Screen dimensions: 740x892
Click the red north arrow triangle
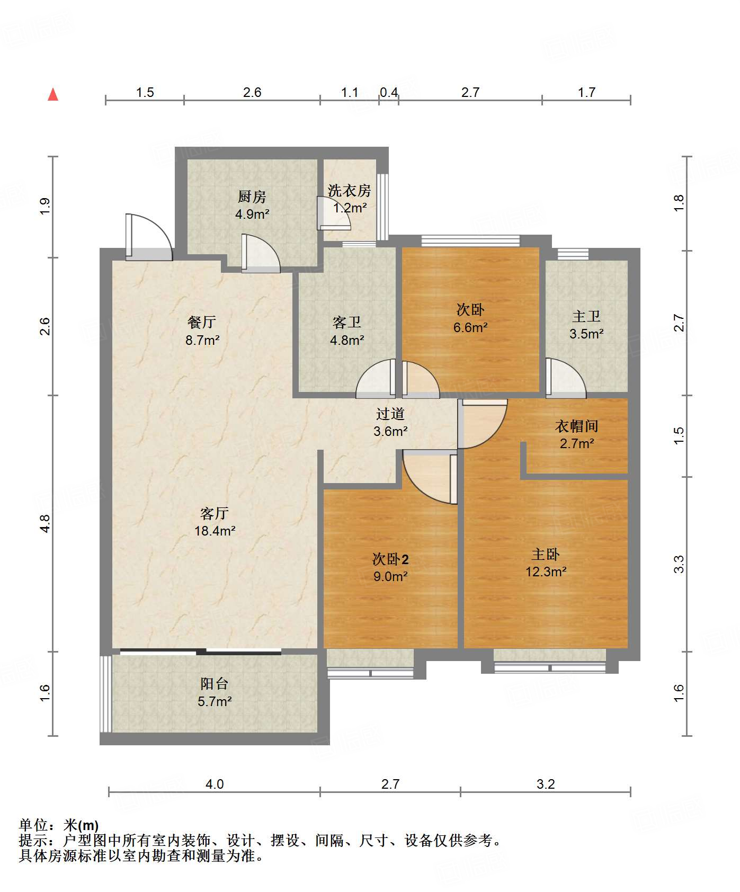click(x=53, y=94)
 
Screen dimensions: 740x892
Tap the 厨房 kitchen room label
click(x=252, y=197)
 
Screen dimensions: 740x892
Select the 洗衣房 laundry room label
click(x=349, y=191)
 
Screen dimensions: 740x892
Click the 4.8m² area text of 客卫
click(x=347, y=340)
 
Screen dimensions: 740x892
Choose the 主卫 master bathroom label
click(x=586, y=317)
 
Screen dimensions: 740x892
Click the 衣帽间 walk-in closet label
click(x=576, y=426)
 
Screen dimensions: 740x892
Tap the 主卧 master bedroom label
click(x=546, y=555)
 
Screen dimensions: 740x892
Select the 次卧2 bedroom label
click(x=390, y=559)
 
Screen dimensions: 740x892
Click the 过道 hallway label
click(x=390, y=414)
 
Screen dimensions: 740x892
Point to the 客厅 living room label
click(x=215, y=513)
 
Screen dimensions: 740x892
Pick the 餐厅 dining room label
click(x=202, y=322)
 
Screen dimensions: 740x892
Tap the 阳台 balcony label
click(x=215, y=684)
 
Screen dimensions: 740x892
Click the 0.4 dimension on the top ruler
click(x=389, y=92)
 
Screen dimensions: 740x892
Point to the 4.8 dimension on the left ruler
click(x=45, y=523)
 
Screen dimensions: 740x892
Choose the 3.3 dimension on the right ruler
click(x=679, y=564)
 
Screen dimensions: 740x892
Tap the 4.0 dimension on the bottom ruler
click(x=215, y=784)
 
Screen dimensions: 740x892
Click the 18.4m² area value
click(x=215, y=531)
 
